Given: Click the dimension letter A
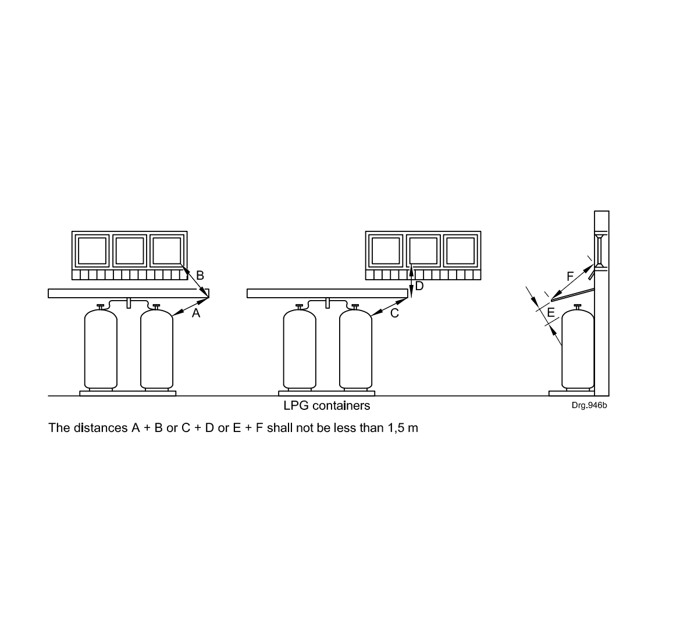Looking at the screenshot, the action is coord(195,313).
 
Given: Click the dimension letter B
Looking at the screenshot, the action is coord(200,276).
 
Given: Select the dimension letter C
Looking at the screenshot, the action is coord(394,313).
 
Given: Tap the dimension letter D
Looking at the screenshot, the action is coord(419,286).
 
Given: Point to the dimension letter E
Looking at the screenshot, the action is coord(551,313).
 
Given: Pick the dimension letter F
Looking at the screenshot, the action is coord(571,277).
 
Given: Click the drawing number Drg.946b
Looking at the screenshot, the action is coord(589,405).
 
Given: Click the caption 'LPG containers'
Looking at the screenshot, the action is coord(327,406).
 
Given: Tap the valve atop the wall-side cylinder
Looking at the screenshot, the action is coord(578,306).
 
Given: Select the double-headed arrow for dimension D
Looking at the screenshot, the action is coord(411,281).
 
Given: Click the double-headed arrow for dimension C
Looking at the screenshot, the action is coord(389,307).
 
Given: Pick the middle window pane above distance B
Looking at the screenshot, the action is coord(130,251).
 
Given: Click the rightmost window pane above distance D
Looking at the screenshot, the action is coord(461,251).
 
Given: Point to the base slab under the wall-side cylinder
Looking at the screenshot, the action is coord(572,393).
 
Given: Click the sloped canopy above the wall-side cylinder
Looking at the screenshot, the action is coord(573,294).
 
